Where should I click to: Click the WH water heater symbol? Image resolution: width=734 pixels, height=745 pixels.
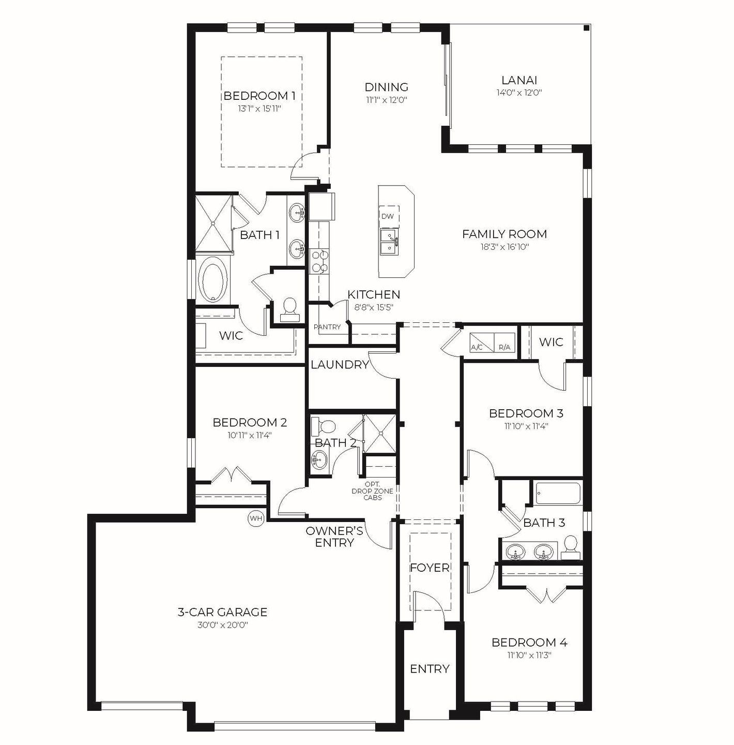pyautogui.click(x=256, y=518)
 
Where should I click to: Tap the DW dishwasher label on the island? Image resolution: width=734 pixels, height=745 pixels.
pyautogui.click(x=387, y=216)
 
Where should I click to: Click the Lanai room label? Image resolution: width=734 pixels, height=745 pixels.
pyautogui.click(x=519, y=80)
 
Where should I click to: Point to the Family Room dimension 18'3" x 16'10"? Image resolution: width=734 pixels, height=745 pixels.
pyautogui.click(x=504, y=247)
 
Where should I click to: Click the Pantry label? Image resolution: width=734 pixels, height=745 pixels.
pyautogui.click(x=327, y=327)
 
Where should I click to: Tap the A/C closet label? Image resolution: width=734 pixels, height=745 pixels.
pyautogui.click(x=477, y=347)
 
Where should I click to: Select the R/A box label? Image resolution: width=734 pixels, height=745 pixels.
pyautogui.click(x=504, y=347)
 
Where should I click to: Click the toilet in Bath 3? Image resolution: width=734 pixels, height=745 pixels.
pyautogui.click(x=570, y=547)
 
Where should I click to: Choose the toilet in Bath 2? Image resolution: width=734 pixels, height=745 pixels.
pyautogui.click(x=325, y=427)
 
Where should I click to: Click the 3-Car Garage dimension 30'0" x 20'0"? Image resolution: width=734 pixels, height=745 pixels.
pyautogui.click(x=222, y=625)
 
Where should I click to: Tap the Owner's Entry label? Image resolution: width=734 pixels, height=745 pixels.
pyautogui.click(x=334, y=537)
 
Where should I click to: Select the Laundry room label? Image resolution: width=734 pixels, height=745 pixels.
pyautogui.click(x=340, y=365)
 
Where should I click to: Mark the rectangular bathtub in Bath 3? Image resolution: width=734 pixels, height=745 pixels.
pyautogui.click(x=558, y=494)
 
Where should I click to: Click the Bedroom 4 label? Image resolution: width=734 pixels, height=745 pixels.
pyautogui.click(x=529, y=643)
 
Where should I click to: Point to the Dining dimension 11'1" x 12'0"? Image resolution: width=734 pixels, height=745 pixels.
pyautogui.click(x=387, y=100)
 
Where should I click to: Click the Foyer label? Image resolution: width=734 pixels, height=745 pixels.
pyautogui.click(x=430, y=568)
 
